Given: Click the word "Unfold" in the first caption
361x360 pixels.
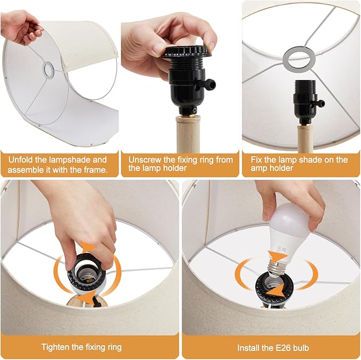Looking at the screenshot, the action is tap(21, 160).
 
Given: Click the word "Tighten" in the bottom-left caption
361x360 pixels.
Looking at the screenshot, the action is tap(55, 347).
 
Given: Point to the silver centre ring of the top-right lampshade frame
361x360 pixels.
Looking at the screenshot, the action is tap(299, 58).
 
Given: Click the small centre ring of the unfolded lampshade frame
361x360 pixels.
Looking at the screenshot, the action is tap(48, 69).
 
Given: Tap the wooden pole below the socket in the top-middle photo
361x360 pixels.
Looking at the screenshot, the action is tap(188, 134).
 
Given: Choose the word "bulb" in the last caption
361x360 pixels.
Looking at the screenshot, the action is tap(301, 348).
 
